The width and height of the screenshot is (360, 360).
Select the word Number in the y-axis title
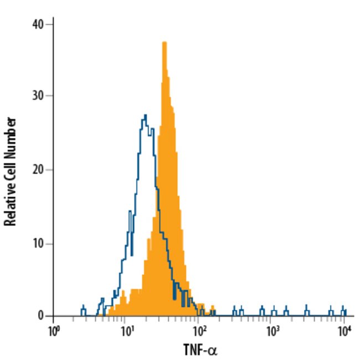[x=9, y=132]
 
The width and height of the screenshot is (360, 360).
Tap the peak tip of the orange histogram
[x=164, y=43]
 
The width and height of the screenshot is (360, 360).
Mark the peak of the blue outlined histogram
[x=145, y=115]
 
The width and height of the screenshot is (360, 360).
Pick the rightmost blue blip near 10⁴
[x=343, y=310]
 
